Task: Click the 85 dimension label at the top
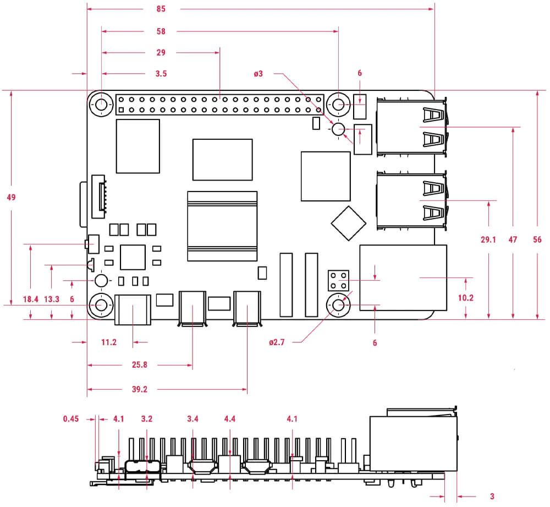tap(161, 9)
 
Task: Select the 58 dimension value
tap(161, 31)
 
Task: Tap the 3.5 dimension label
tap(161, 73)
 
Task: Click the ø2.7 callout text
tap(277, 342)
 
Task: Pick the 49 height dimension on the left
tap(11, 197)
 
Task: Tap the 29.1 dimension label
tap(488, 239)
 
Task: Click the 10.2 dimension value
tap(466, 298)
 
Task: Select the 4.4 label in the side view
tap(230, 419)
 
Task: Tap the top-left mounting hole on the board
tap(102, 103)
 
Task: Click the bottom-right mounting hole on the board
tap(338, 304)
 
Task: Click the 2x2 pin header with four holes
tap(338, 280)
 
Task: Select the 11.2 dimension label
tap(109, 342)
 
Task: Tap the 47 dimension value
tap(513, 239)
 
